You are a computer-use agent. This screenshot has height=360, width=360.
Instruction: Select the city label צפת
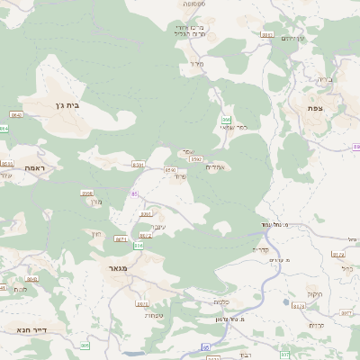point(315,109)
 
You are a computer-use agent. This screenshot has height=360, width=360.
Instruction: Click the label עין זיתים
point(293,39)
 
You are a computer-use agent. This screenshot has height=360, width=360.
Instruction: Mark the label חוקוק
point(313,293)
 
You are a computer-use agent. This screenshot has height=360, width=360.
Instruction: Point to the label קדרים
point(261,249)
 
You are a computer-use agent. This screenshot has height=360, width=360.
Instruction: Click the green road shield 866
point(227,120)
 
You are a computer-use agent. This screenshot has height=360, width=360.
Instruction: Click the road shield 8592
point(195,159)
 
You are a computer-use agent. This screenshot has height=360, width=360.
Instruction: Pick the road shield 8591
point(138,165)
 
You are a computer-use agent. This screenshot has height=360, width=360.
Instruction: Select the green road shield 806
point(139,246)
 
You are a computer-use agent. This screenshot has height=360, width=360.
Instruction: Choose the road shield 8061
point(146,214)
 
